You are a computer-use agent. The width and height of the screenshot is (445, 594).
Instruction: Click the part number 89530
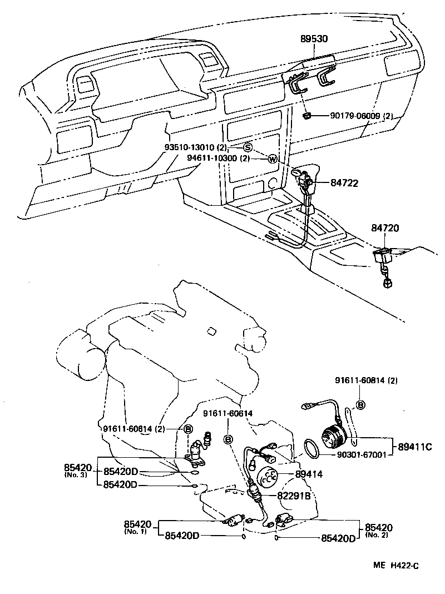click(314, 39)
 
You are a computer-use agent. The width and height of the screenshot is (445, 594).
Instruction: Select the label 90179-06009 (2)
click(362, 116)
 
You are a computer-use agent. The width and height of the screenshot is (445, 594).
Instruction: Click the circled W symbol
click(272, 159)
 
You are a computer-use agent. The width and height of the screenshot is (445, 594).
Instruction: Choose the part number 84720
click(385, 228)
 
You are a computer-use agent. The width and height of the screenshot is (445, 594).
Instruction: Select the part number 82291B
click(294, 496)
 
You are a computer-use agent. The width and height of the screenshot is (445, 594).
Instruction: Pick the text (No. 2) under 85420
click(378, 534)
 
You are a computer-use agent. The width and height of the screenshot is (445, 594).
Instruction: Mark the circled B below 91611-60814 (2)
click(360, 404)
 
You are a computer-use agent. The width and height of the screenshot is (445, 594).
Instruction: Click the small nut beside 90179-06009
click(306, 116)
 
